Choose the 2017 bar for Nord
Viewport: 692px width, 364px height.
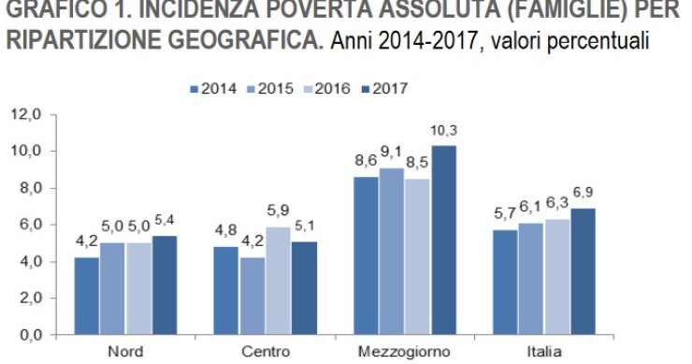coord(164,284)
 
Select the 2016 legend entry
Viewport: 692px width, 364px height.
coord(330,89)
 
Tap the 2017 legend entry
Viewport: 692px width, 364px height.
coord(389,89)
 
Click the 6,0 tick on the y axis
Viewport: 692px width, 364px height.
coord(28,225)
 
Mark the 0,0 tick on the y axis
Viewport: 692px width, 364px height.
coord(28,334)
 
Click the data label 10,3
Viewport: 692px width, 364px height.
coord(445,129)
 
